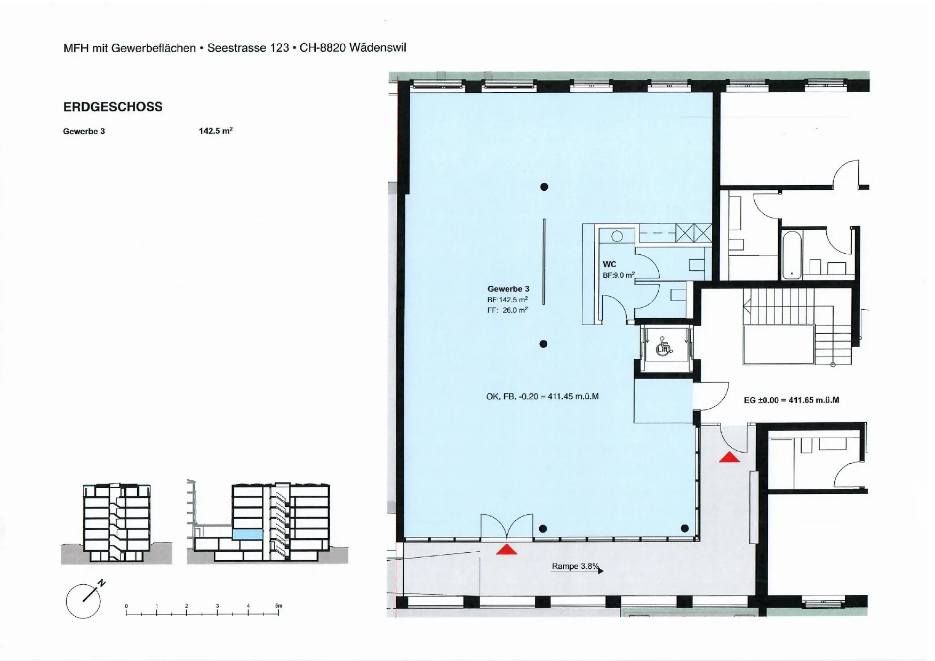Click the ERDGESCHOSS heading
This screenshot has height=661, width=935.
tap(113, 107)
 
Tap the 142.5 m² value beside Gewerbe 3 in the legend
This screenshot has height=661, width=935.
tap(216, 131)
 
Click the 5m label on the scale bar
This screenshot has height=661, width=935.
tap(278, 606)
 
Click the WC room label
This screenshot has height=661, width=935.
tap(609, 264)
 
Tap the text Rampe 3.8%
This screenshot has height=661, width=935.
tap(576, 566)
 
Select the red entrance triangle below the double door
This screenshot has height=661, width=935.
tap(506, 549)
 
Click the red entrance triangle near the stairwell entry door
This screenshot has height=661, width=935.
tap(729, 457)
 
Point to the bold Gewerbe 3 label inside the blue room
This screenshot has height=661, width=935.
tap(508, 289)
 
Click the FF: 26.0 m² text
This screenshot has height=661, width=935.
tap(507, 310)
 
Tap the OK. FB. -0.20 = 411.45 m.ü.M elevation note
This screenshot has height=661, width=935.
tap(542, 397)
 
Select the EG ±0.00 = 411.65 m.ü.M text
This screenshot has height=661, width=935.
tap(792, 400)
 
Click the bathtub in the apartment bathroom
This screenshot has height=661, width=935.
tap(792, 255)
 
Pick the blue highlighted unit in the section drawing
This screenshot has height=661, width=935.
tap(248, 534)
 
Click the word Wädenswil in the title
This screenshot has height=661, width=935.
tap(378, 47)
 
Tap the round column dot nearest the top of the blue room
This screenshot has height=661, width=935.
tap(544, 187)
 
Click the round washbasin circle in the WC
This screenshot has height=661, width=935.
tap(617, 236)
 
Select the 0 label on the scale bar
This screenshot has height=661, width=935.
tap(126, 606)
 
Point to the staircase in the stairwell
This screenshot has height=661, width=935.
tap(796, 326)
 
